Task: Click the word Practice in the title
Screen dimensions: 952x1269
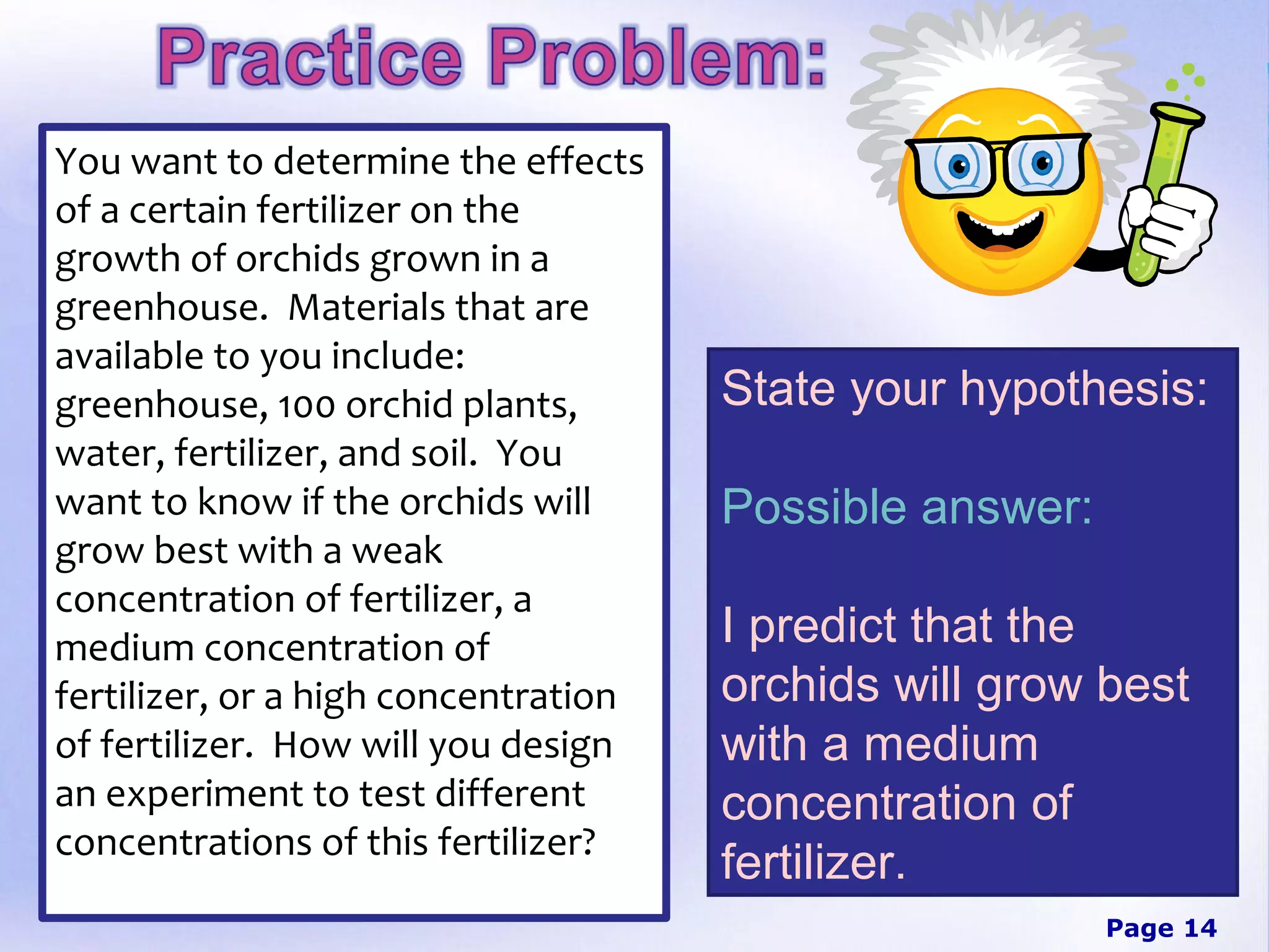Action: click(x=310, y=57)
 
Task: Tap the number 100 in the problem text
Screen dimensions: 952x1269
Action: click(x=306, y=407)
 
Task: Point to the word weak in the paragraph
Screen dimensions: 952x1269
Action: click(x=397, y=551)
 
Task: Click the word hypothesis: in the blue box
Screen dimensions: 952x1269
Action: click(x=1084, y=389)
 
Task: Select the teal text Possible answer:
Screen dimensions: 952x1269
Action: click(x=906, y=507)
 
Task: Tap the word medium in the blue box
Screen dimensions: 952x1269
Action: click(x=951, y=745)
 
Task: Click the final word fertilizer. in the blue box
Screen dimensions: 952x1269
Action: click(x=813, y=863)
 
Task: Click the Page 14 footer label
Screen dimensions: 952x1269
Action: click(x=1161, y=928)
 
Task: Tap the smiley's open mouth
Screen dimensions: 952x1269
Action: click(x=999, y=233)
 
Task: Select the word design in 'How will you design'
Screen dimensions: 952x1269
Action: click(x=556, y=746)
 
